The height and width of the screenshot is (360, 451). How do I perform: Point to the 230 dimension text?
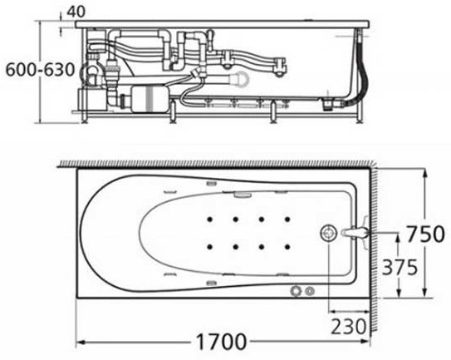click(x=349, y=325)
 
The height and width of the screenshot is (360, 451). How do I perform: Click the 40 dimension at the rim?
click(x=76, y=11)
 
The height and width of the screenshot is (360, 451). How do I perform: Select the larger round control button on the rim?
click(x=297, y=291)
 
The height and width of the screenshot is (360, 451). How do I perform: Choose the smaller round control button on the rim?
click(x=311, y=291)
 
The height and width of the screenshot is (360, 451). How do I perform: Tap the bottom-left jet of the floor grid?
click(x=211, y=247)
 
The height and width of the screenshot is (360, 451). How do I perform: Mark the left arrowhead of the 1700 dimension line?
click(x=81, y=342)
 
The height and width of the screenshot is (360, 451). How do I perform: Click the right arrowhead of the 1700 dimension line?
click(x=368, y=342)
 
